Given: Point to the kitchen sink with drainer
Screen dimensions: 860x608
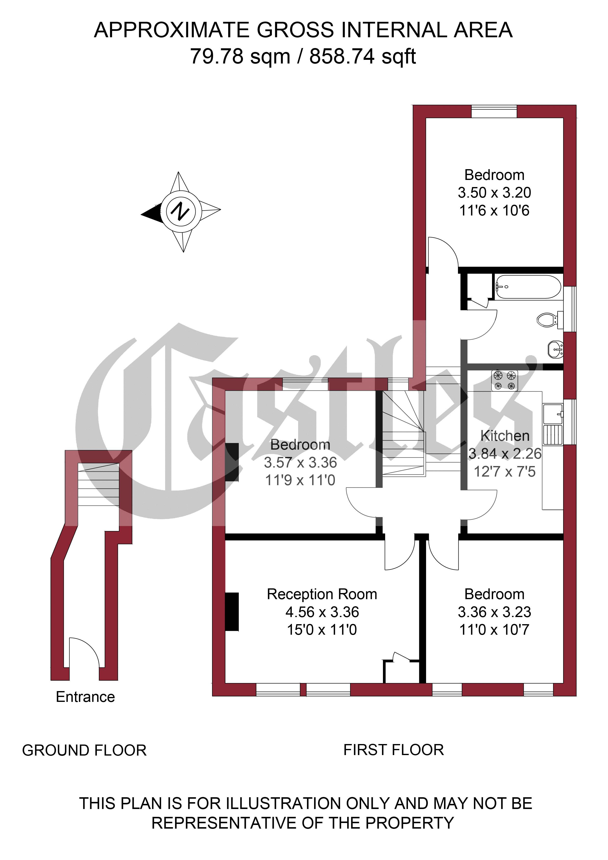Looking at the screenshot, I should (x=553, y=424).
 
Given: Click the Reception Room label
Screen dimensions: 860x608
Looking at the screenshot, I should (x=322, y=594).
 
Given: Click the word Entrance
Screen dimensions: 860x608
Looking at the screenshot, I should (x=85, y=697).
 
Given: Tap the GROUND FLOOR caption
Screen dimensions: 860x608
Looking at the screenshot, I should (x=84, y=750).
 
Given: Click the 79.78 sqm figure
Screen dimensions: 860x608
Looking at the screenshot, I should (x=240, y=57).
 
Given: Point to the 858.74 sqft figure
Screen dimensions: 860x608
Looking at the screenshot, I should (x=363, y=57).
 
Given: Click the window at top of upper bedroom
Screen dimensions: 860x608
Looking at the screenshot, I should (x=494, y=112).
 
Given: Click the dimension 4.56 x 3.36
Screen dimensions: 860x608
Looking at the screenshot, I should (x=322, y=612).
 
